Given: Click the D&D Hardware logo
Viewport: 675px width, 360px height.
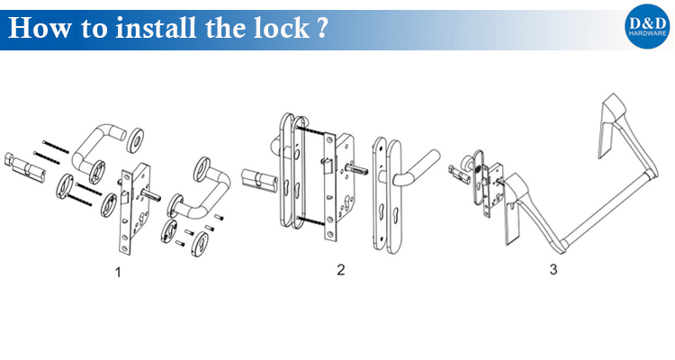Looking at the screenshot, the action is tap(647, 27).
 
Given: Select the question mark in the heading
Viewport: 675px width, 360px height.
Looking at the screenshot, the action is tap(322, 29).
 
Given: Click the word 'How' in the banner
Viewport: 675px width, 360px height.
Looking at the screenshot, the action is tap(40, 28).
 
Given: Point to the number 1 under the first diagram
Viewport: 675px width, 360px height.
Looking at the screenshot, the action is tap(118, 272).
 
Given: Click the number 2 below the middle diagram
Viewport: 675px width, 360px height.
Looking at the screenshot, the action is tap(341, 270).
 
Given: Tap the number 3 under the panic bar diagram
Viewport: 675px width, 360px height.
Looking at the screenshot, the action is tap(553, 270).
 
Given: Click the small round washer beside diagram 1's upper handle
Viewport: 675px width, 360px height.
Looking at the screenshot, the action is tap(136, 139).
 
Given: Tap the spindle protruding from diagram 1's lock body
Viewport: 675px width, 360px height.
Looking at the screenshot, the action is tap(153, 197).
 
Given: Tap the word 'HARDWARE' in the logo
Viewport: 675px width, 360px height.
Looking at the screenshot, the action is tap(647, 33).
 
